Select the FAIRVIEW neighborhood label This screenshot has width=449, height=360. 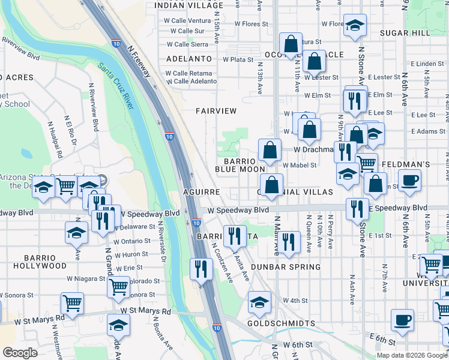pyautogui.click(x=216, y=111)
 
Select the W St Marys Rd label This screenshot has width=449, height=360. pyautogui.click(x=145, y=311)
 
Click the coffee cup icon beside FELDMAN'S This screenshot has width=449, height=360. pyautogui.click(x=409, y=181)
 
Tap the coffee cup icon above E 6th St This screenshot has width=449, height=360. pyautogui.click(x=402, y=320)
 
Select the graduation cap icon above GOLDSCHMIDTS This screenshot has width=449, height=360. pyautogui.click(x=259, y=303)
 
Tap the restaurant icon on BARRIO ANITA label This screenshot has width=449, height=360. pyautogui.click(x=235, y=236)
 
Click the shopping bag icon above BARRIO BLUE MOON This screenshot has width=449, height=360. pyautogui.click(x=270, y=150)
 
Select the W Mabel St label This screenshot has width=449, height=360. pyautogui.click(x=299, y=165)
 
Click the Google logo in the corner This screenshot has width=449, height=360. pyautogui.click(x=20, y=353)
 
